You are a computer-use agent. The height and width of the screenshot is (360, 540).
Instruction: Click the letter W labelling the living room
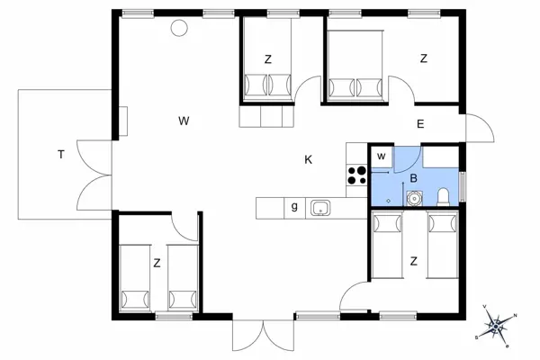tap(184, 121)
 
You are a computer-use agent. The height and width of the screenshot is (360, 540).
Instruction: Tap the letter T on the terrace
tap(61, 155)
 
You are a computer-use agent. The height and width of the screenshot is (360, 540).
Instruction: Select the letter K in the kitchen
tap(308, 159)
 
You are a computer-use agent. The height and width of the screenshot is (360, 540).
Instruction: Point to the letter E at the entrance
tap(420, 124)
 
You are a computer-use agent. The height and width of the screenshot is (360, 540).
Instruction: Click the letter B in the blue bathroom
tap(414, 178)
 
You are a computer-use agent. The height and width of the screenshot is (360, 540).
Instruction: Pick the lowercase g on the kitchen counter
tap(294, 207)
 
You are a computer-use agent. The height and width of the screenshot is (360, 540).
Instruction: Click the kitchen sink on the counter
tap(320, 208)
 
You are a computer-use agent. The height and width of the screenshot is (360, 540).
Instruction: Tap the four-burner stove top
tap(356, 175)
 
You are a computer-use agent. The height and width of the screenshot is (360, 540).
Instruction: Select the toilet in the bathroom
tap(443, 197)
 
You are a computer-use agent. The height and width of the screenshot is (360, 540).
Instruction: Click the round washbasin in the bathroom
tap(412, 198)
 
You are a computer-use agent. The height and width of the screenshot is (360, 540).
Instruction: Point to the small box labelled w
tap(382, 157)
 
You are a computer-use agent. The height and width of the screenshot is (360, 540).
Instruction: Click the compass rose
tap(496, 326)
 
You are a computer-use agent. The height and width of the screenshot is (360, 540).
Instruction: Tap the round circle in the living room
tap(179, 28)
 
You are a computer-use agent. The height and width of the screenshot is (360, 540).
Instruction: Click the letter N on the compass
tap(515, 315)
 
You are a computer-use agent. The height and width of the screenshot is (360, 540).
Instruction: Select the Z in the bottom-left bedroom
tap(157, 264)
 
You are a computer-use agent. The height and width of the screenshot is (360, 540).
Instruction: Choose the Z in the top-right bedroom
tap(424, 58)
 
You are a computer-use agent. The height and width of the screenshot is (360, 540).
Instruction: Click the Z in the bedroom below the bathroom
tap(414, 261)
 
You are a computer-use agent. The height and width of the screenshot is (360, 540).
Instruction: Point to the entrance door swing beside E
tap(480, 128)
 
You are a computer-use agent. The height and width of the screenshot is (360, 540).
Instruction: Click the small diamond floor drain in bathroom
tap(389, 201)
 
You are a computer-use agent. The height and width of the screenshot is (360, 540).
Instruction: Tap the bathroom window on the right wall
tap(463, 186)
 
